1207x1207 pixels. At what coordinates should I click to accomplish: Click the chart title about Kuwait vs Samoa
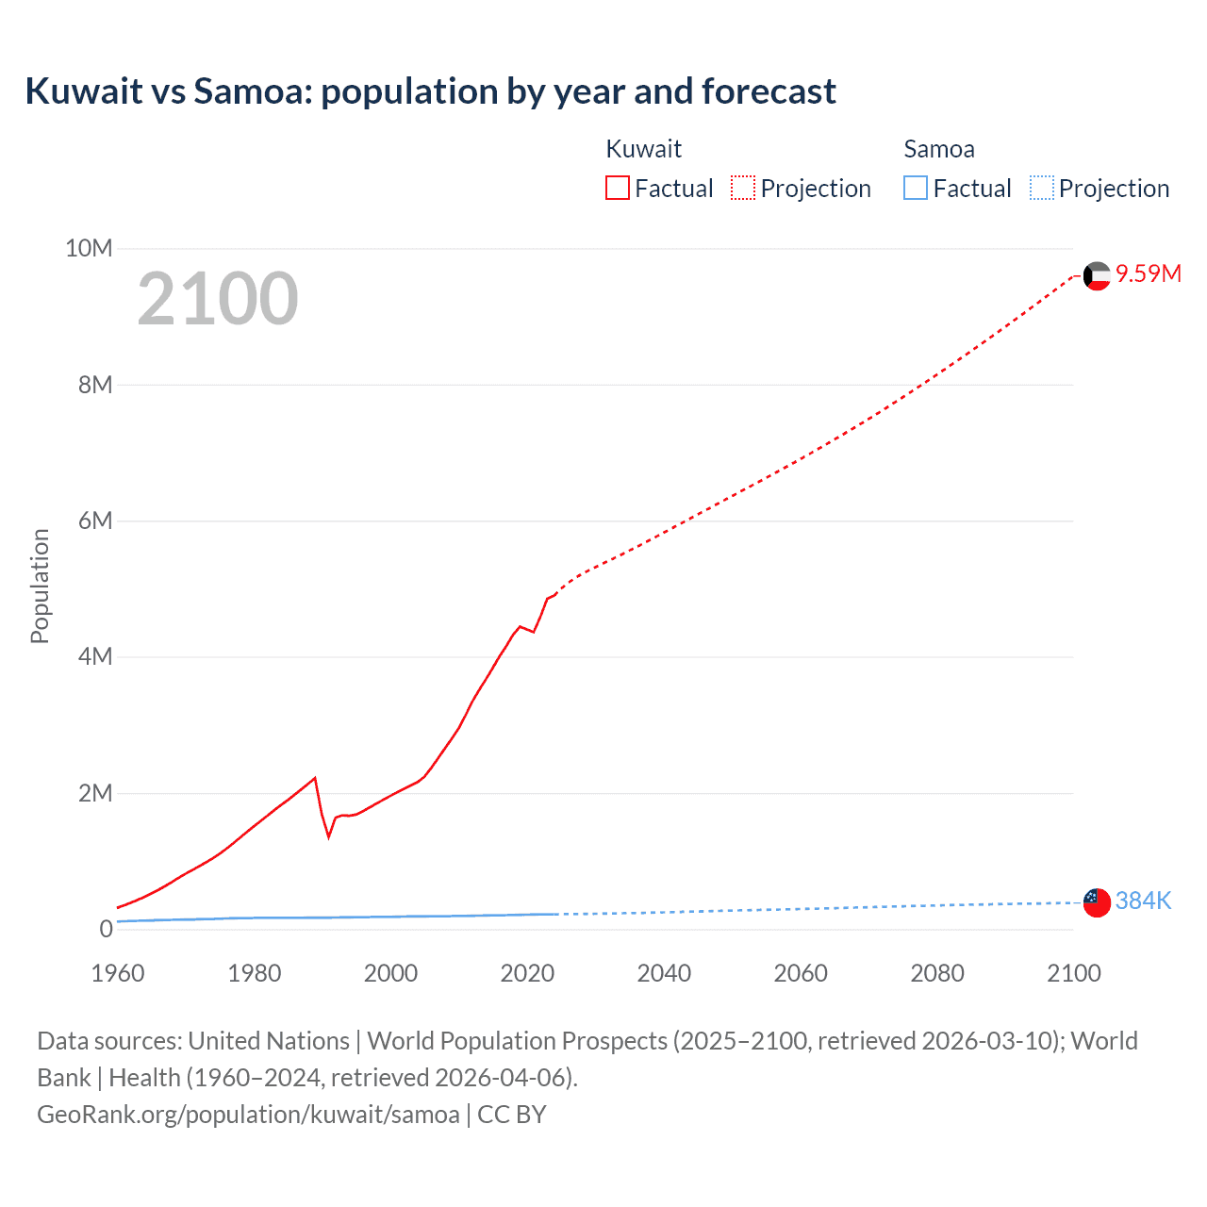pos(430,91)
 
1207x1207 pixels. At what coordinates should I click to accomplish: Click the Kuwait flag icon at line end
pos(1097,275)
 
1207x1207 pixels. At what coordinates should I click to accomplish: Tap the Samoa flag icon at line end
pos(1097,902)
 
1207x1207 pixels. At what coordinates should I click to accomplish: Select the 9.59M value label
pos(1149,273)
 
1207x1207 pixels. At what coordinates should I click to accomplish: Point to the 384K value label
pos(1143,901)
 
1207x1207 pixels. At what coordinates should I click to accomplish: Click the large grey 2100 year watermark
pos(218,299)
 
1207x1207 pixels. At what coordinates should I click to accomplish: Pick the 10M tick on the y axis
pos(89,248)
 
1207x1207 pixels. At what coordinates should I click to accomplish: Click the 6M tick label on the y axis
pos(94,521)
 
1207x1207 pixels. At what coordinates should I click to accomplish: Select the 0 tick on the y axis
pos(106,929)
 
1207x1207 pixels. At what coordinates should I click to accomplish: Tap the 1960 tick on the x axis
pos(118,973)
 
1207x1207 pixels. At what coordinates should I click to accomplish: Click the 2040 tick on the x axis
pos(664,973)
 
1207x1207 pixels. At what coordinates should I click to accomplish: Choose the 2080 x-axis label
pos(937,973)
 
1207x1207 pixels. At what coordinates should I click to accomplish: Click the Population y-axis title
pos(40,586)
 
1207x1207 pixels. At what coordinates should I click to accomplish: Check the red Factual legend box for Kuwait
pos(618,188)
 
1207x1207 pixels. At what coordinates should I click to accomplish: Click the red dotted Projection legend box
pos(743,188)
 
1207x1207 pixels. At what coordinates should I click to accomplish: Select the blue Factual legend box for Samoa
pos(916,188)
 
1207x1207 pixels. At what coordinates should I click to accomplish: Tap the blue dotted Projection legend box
pos(1041,188)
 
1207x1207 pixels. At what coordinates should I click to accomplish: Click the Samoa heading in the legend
pos(938,149)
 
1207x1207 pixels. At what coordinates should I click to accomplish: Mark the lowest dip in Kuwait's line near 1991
pos(329,835)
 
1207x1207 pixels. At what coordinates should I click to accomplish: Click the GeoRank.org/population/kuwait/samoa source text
pos(248,1114)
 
